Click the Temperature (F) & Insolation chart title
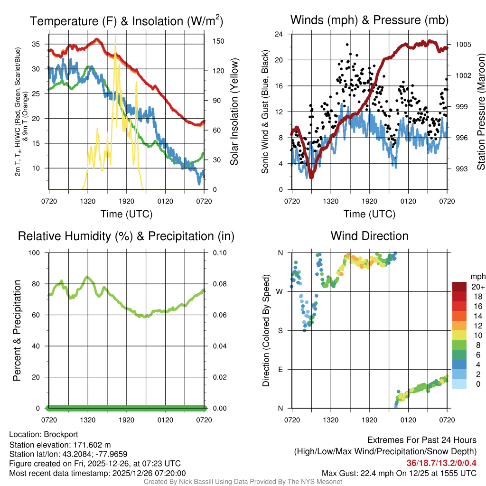tap(126, 21)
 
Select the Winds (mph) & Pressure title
tap(369, 20)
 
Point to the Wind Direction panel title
tap(369, 235)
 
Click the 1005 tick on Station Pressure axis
tap(462, 45)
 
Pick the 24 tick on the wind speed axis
tap(280, 34)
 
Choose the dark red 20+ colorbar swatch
tap(459, 287)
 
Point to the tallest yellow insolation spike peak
tap(115, 35)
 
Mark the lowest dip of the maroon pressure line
tap(311, 177)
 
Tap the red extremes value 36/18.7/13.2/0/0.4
tap(441, 463)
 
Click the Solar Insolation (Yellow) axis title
tap(234, 112)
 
